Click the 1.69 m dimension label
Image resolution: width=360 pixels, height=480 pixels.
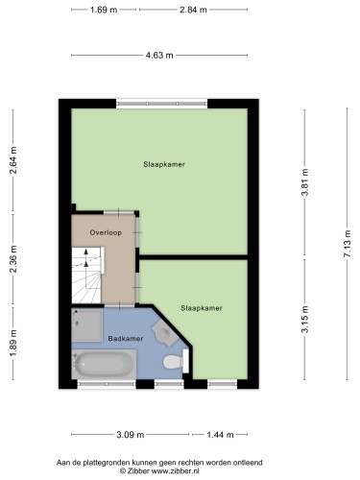point(104,10)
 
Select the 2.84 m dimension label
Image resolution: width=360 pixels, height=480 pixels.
point(193,10)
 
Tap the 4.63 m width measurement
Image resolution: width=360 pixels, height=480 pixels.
point(159,56)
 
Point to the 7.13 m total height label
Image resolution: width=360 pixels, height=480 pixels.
point(348,244)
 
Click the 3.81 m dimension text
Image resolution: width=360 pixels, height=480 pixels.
point(305,182)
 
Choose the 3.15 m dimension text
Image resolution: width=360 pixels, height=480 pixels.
point(305,320)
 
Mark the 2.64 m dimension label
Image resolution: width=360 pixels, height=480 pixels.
point(13,160)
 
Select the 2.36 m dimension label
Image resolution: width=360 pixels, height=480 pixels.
point(13,259)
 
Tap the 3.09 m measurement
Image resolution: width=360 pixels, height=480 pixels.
point(131,435)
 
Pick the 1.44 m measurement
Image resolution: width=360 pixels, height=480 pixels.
point(220,435)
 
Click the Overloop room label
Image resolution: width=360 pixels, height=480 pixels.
point(106,232)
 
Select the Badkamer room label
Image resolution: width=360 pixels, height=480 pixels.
point(126,339)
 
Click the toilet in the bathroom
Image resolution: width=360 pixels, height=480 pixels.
point(176,362)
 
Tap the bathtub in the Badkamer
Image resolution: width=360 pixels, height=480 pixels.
point(104,364)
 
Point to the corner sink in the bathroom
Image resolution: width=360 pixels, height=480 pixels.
point(164,333)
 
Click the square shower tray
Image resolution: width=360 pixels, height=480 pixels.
point(87,325)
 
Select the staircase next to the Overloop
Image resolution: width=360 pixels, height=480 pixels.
point(86,276)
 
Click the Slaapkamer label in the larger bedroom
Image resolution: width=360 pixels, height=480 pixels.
point(164,164)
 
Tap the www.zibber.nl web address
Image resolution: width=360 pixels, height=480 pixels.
point(176,471)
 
